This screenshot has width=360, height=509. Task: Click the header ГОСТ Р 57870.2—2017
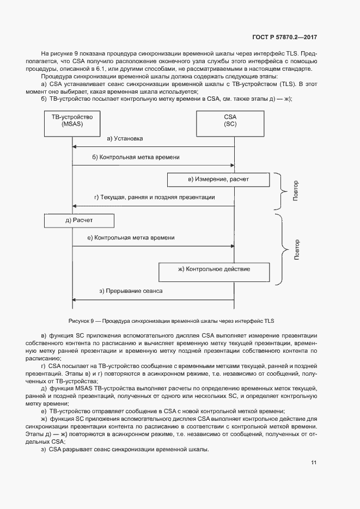point(285,37)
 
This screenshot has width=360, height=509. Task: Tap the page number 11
point(314,463)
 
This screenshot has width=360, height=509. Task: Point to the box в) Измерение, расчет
point(218,179)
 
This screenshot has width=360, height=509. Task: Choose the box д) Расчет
point(79,220)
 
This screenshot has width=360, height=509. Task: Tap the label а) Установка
point(125,139)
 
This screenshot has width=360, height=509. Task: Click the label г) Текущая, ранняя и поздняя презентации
point(154,198)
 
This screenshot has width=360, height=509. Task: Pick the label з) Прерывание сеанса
point(131,291)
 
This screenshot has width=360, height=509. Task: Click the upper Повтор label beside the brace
point(296,191)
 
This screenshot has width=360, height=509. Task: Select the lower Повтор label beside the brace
point(297,249)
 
